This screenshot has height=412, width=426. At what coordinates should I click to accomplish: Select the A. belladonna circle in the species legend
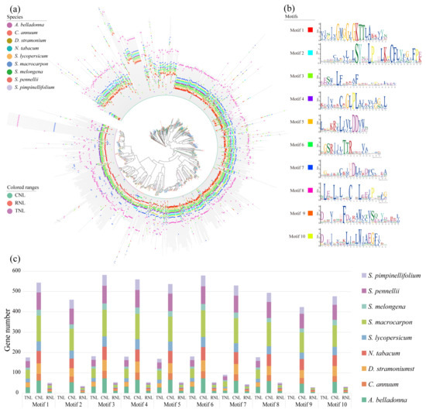click(x=9, y=25)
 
